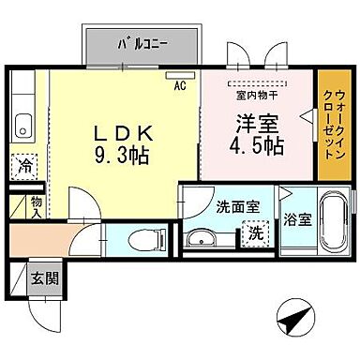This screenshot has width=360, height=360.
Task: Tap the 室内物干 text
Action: (x=255, y=94)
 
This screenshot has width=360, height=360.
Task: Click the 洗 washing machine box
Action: (x=254, y=232)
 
